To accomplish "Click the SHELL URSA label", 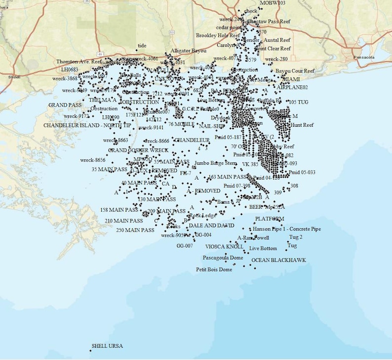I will pos(107,346).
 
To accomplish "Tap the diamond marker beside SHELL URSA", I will pos(90,351).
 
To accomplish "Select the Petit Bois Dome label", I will pos(214,270).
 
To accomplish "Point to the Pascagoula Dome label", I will pos(223,258).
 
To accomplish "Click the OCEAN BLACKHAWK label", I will pos(278,260).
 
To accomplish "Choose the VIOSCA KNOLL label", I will pos(224,247).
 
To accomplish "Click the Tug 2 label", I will pos(296,237).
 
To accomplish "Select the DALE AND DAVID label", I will pos(211,225).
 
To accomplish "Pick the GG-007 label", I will pos(185,246).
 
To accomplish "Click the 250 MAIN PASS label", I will pos(135,230).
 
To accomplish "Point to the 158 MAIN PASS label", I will pos(118,210).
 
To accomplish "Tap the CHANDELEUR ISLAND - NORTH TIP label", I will pos(87,125).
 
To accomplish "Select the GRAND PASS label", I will pos(65,106).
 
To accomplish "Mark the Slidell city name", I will pos(14,77).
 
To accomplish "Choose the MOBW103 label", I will pos(272,3).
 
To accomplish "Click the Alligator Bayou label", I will pos(189,51).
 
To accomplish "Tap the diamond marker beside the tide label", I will pos(137,50).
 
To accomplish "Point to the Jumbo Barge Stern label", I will pos(215,162).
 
